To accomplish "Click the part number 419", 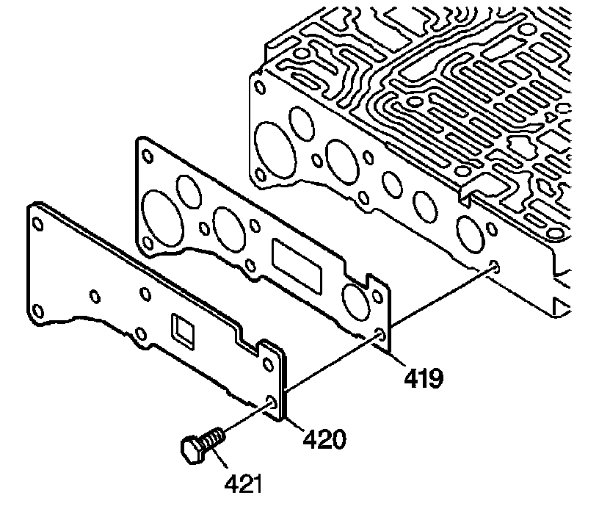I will (422, 378).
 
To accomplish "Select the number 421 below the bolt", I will (242, 484).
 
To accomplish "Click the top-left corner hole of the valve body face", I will (261, 87).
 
